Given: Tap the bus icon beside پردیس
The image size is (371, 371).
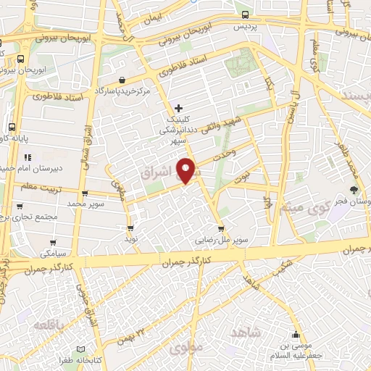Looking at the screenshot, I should point(246,14).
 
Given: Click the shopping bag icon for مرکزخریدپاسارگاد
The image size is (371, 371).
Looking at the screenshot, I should point(122,80).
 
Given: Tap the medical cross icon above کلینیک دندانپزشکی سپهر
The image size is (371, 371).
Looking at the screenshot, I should point(179,109).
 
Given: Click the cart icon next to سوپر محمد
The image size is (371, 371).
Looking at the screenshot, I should point(86,193).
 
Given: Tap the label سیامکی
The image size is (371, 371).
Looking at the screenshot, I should point(51,254).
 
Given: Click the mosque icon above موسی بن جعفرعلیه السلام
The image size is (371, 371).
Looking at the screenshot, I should point(296,335).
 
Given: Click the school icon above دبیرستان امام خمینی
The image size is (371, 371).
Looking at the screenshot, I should point(28,157).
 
